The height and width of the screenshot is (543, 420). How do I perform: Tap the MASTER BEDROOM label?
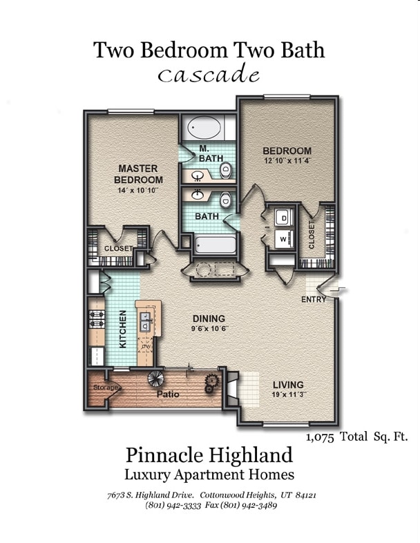pyautogui.click(x=138, y=174)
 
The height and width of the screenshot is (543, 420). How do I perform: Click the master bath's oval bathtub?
pyautogui.click(x=204, y=127)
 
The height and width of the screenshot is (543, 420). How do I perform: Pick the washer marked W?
pyautogui.click(x=284, y=239)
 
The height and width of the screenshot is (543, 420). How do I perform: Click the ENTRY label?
pyautogui.click(x=314, y=299)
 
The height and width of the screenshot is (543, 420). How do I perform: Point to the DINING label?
pyautogui.click(x=209, y=318)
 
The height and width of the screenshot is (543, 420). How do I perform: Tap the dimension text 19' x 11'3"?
pyautogui.click(x=289, y=394)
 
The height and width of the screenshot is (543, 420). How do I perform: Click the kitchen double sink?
pyautogui.click(x=146, y=322)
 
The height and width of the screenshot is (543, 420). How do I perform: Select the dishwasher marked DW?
pyautogui.click(x=146, y=346)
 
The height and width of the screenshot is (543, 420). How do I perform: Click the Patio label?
pyautogui.click(x=168, y=394)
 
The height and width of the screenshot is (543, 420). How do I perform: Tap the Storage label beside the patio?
pyautogui.click(x=106, y=388)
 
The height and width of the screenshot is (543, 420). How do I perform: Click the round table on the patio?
pyautogui.click(x=155, y=379)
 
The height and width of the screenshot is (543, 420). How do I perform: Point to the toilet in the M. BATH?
pyautogui.click(x=226, y=171)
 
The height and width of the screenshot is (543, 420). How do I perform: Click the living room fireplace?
pyautogui.click(x=232, y=388)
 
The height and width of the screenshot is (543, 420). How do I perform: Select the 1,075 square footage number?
pyautogui.click(x=321, y=438)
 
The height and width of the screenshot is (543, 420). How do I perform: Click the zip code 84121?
pyautogui.click(x=306, y=495)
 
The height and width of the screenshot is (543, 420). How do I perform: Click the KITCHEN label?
pyautogui.click(x=123, y=329)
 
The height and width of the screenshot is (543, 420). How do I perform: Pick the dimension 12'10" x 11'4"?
pyautogui.click(x=287, y=161)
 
